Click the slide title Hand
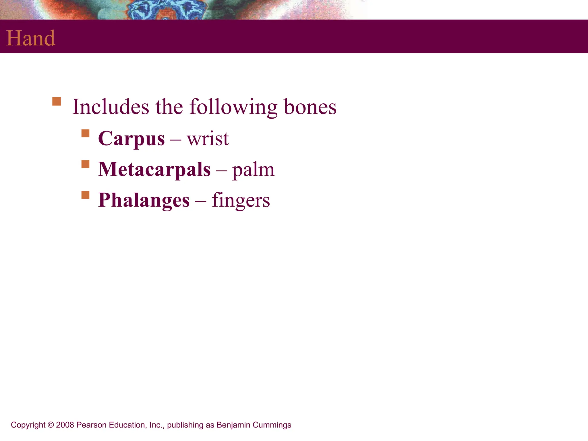tap(31, 38)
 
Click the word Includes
tap(111, 107)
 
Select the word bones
tap(310, 107)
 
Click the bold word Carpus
tap(131, 139)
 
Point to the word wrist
tap(208, 139)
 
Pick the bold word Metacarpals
tap(154, 169)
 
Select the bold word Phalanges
tap(144, 200)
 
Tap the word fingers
tap(241, 200)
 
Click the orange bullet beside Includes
tap(57, 102)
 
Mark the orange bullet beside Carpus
tap(86, 134)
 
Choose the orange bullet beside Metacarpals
tap(86, 164)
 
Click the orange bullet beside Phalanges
tap(86, 195)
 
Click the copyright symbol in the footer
tap(51, 425)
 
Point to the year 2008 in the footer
tap(65, 425)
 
